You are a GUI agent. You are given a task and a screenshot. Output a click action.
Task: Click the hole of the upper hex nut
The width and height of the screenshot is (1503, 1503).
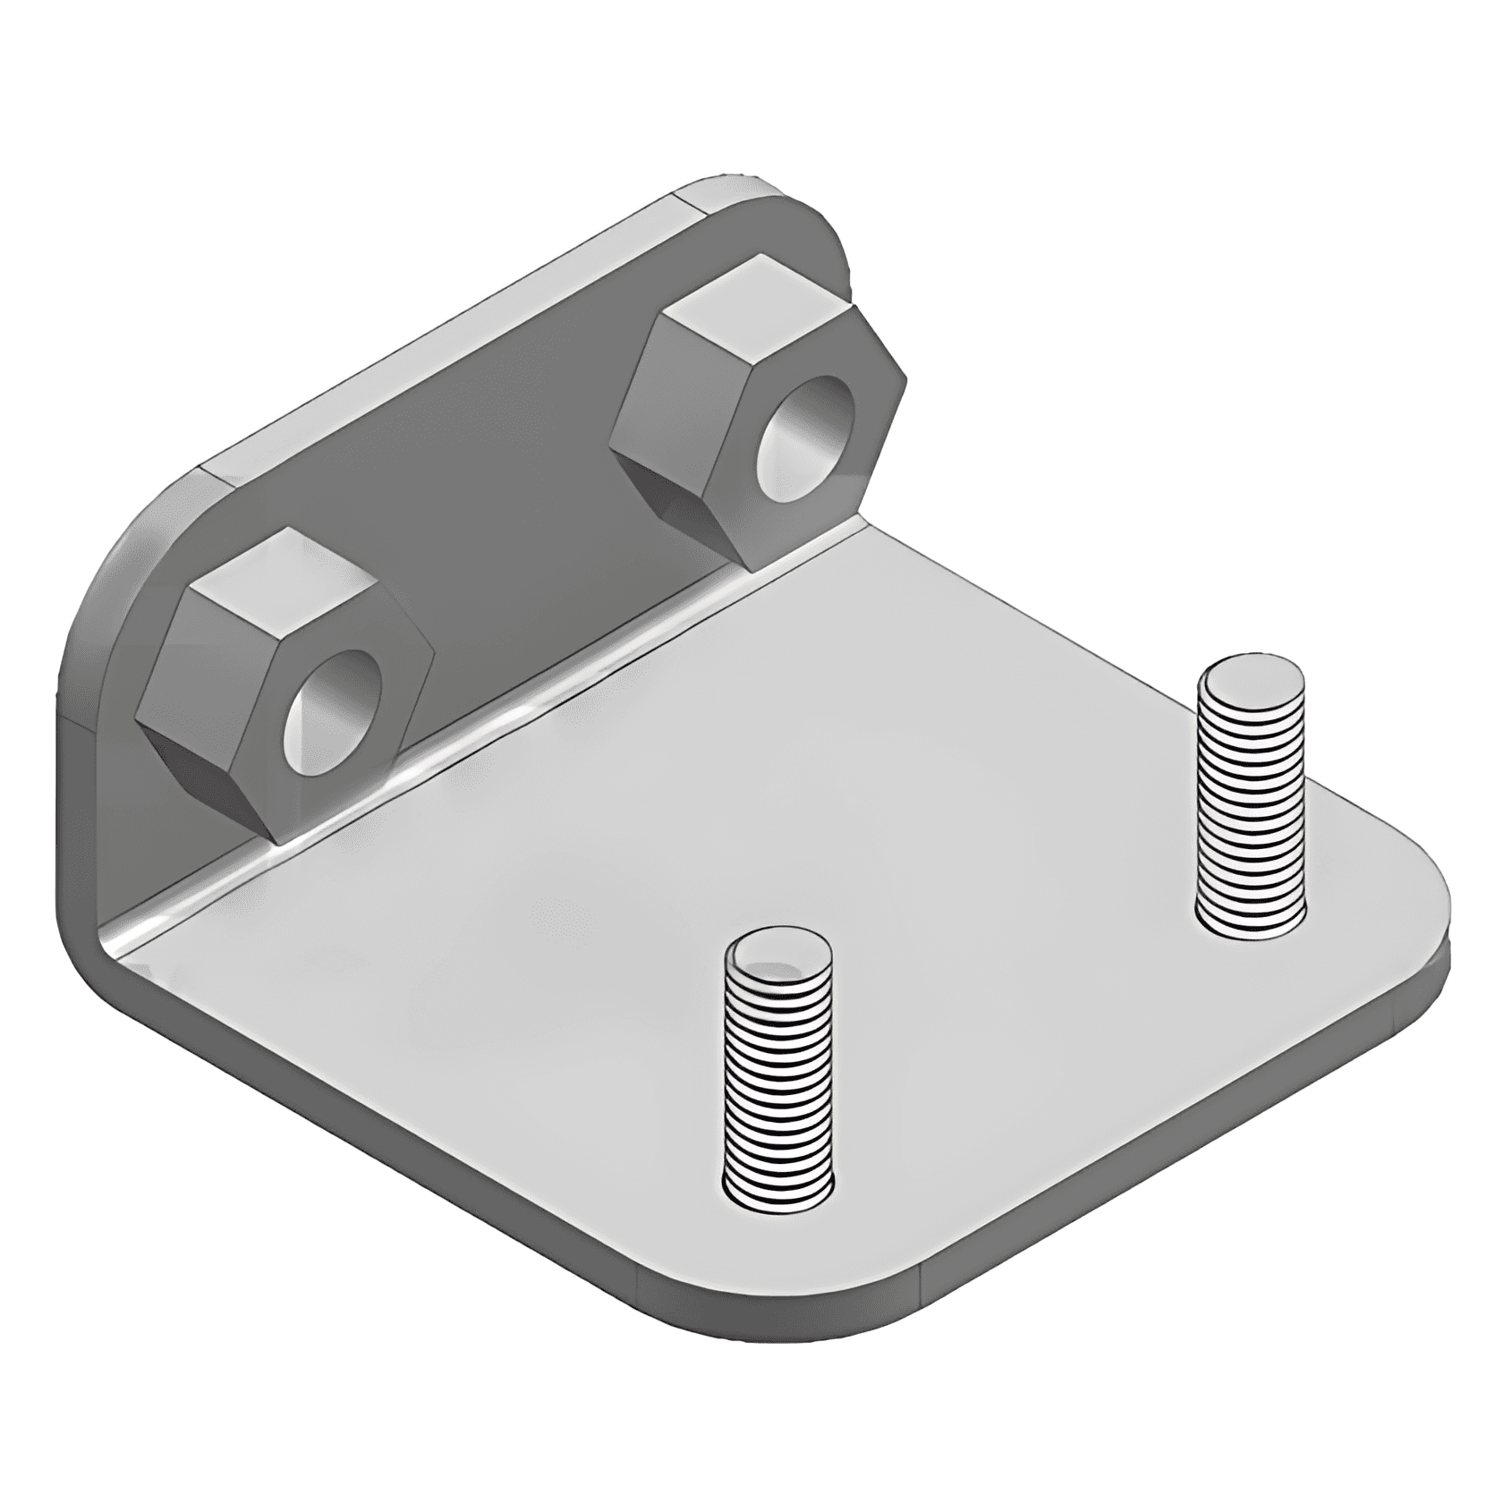point(804,437)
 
